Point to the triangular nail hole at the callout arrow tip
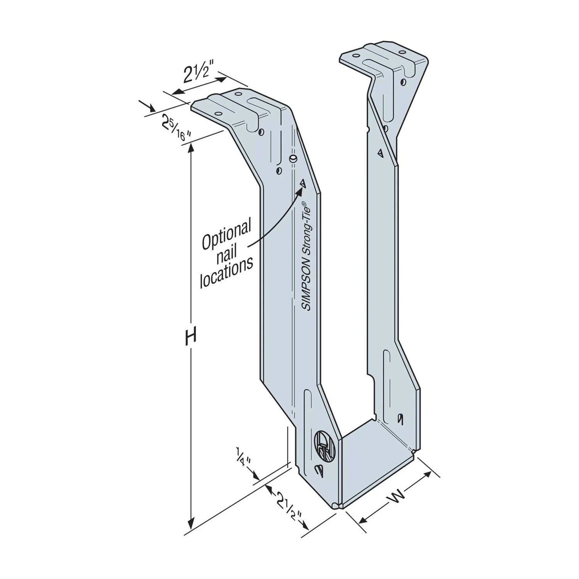coord(302,183)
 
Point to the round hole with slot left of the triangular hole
coord(293,157)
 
